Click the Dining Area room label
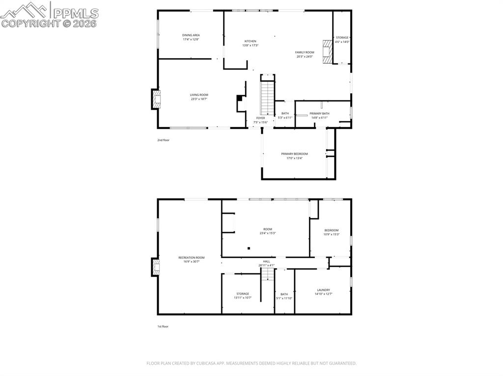[x=191, y=35]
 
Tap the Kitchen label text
[x=251, y=41]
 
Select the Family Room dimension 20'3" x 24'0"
[x=305, y=56]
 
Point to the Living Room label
[x=199, y=95]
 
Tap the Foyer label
[x=260, y=118]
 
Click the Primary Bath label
[x=319, y=114]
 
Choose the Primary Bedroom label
[x=295, y=154]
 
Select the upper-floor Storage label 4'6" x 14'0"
[x=342, y=38]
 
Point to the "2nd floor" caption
[x=163, y=140]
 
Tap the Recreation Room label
[x=192, y=257]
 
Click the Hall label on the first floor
[x=266, y=261]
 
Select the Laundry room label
[x=323, y=290]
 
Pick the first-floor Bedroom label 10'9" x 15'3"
[x=331, y=230]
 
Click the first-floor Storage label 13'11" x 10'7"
[x=243, y=294]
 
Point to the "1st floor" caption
[x=163, y=326]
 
